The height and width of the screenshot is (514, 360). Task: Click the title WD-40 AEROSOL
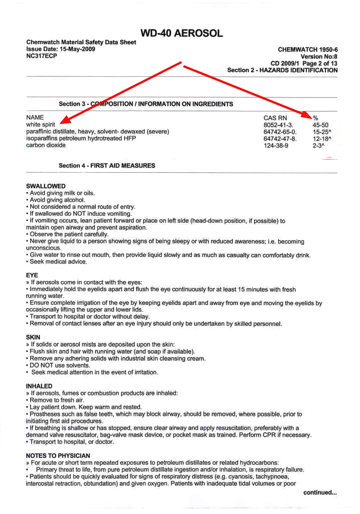[181, 34]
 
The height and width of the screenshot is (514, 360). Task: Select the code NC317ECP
[42, 56]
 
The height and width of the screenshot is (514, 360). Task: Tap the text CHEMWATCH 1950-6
[307, 50]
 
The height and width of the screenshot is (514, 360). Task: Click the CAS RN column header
[276, 117]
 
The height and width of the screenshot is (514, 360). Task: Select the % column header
[315, 117]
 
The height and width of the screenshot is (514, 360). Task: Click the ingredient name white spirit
[41, 124]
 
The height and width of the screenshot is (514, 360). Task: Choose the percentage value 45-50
[320, 124]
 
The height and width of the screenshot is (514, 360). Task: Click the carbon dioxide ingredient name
[46, 146]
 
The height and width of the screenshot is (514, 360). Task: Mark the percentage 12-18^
[322, 139]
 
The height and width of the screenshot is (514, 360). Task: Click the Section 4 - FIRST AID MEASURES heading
[107, 166]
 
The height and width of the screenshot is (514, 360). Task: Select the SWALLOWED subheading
[46, 186]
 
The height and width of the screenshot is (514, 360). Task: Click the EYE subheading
[32, 275]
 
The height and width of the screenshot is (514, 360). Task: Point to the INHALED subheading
[39, 385]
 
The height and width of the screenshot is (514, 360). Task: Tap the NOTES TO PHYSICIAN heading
[58, 455]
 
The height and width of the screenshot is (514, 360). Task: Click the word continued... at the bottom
[320, 492]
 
